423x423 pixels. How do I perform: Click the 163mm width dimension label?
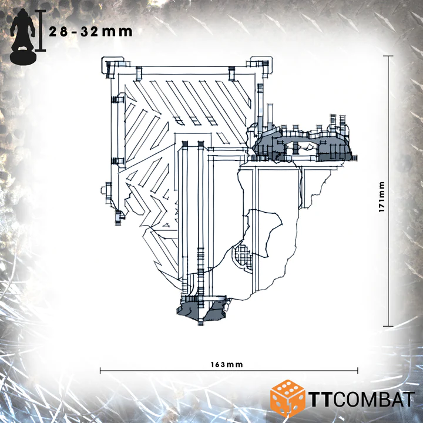click(x=227, y=365)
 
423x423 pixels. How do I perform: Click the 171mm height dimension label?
click(x=381, y=197)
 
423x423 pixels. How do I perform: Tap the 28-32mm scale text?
click(x=90, y=32)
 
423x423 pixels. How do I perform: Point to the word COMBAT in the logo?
click(x=375, y=399)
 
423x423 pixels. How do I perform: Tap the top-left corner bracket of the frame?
click(x=109, y=66)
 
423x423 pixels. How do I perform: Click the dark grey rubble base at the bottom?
click(x=202, y=311)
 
